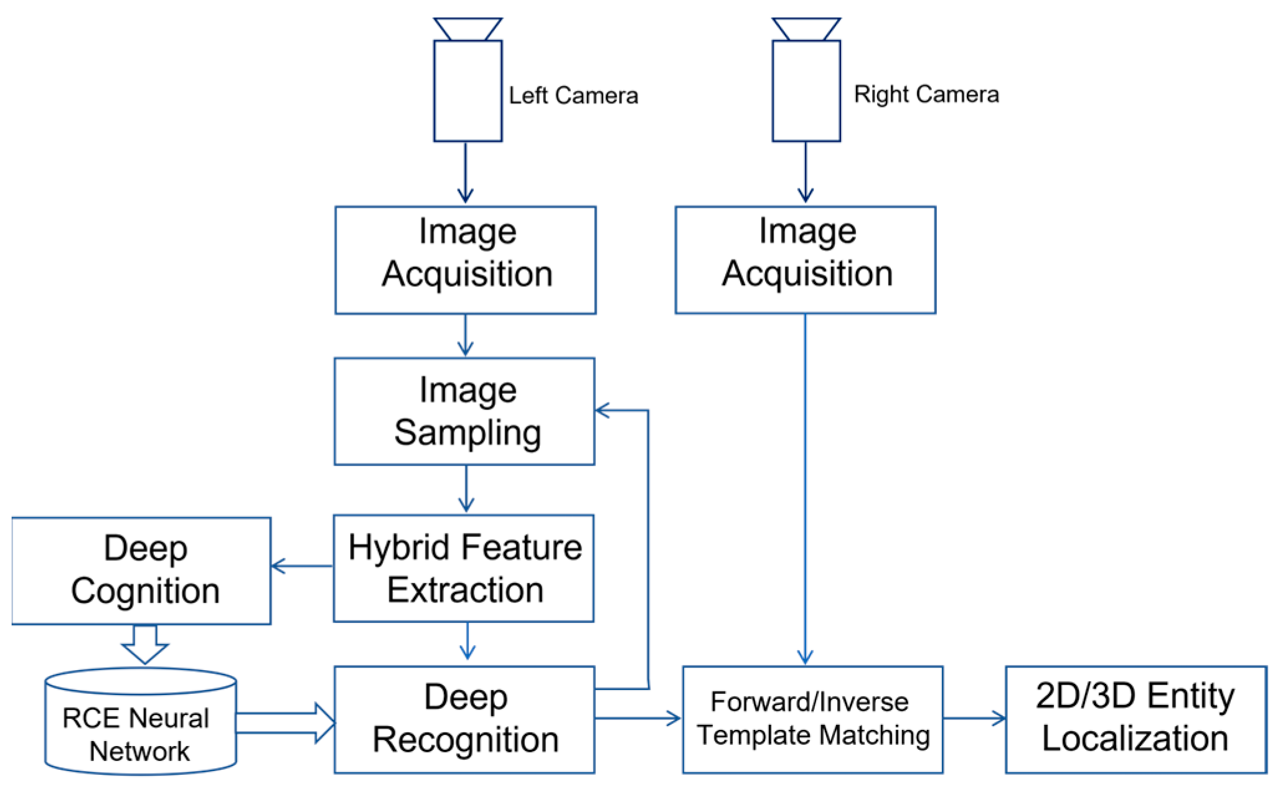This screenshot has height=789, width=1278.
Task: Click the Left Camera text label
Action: (x=573, y=96)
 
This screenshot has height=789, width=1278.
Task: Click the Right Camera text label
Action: (x=926, y=95)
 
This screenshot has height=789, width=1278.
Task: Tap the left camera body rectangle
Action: (x=468, y=91)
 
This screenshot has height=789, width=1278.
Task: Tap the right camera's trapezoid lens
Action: (x=806, y=29)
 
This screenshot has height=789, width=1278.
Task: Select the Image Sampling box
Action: (x=464, y=411)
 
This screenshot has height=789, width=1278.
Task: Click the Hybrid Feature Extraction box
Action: (x=464, y=568)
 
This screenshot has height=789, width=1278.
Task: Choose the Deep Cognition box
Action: (x=142, y=571)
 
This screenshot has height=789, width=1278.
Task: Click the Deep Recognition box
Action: (x=464, y=720)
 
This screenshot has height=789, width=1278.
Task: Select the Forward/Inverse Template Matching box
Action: (x=812, y=720)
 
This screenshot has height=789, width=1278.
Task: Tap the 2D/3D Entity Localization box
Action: (x=1135, y=720)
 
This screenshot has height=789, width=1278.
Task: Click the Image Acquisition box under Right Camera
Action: (x=806, y=260)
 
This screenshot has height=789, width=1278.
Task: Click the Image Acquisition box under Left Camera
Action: (x=466, y=260)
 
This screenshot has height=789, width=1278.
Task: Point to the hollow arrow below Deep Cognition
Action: (x=145, y=645)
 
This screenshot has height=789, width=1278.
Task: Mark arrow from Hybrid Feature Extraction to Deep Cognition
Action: (x=302, y=566)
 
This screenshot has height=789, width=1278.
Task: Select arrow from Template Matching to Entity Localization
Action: (x=974, y=719)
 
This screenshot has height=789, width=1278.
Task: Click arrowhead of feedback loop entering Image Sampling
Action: (x=603, y=410)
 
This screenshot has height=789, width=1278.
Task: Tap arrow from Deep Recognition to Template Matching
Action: (x=638, y=719)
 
